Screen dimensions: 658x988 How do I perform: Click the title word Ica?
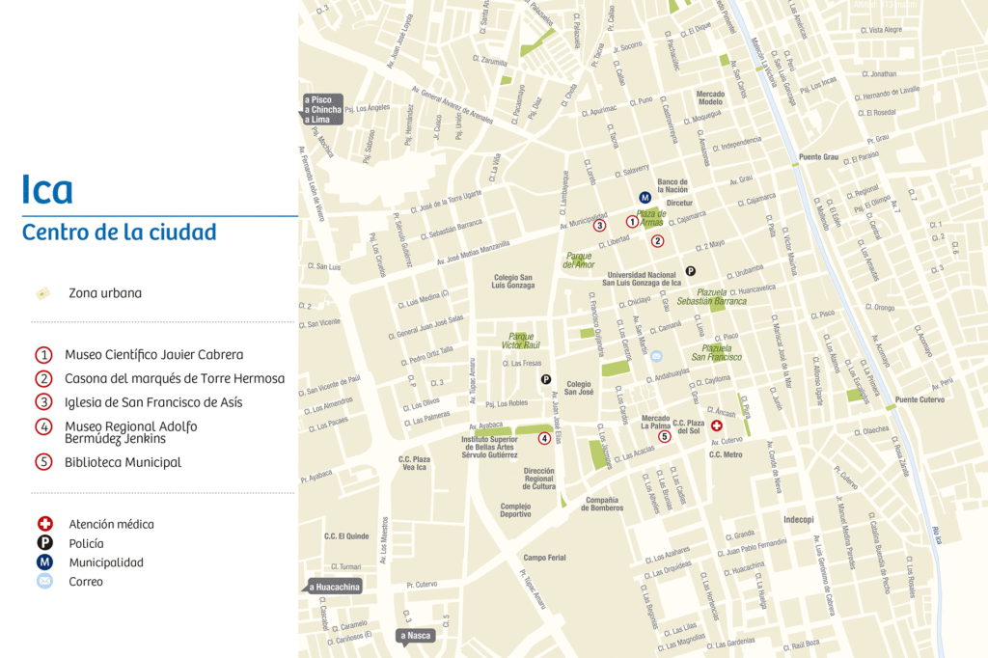(x=47, y=190)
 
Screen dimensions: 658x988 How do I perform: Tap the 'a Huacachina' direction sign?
(x=334, y=586)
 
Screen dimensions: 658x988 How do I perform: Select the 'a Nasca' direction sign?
(x=417, y=635)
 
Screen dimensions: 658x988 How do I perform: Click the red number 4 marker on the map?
(x=544, y=439)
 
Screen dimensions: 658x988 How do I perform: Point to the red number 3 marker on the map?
(x=599, y=226)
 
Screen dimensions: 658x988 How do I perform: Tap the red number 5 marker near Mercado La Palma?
(x=664, y=436)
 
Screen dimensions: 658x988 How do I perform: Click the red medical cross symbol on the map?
(x=716, y=425)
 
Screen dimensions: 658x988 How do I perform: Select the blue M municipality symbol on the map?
(x=645, y=198)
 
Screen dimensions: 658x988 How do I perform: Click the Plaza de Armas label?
(x=651, y=217)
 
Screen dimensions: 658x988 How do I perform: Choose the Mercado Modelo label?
(x=710, y=97)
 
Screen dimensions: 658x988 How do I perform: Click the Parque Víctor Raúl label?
(x=521, y=343)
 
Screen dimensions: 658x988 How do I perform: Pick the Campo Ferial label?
(x=544, y=557)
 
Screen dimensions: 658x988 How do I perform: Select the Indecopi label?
(x=799, y=518)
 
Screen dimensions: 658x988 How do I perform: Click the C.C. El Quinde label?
(x=346, y=536)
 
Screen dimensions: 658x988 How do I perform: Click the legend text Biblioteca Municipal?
(x=123, y=462)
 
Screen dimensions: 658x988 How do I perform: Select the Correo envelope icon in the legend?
(x=44, y=582)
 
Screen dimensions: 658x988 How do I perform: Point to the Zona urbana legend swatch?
(x=42, y=293)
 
